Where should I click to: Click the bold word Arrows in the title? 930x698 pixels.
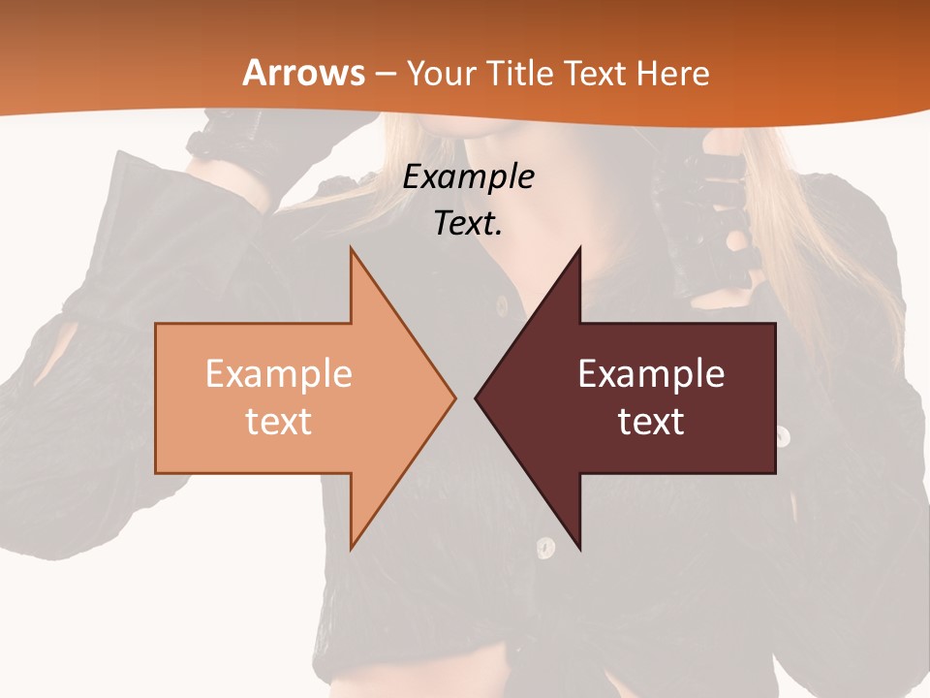click(x=304, y=73)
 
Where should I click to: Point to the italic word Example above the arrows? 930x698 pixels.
click(x=468, y=177)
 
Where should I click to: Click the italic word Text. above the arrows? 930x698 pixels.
click(x=468, y=223)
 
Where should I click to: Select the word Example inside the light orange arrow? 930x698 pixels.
click(x=278, y=374)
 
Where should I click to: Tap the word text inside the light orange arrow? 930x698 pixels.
click(x=278, y=422)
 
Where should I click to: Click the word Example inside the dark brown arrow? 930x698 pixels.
click(x=651, y=374)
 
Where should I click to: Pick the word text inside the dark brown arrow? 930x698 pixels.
click(x=651, y=422)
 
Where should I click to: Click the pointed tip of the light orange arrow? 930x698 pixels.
click(x=453, y=397)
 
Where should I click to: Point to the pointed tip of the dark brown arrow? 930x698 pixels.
click(x=477, y=397)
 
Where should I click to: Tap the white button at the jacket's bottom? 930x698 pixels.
click(x=545, y=548)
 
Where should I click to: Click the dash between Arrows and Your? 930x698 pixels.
click(x=385, y=74)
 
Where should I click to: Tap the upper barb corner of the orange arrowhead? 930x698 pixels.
click(x=352, y=249)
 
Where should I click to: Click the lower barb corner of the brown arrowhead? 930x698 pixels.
click(x=579, y=548)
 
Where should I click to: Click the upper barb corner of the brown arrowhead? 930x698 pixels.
click(x=579, y=249)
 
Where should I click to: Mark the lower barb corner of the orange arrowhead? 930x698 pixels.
click(x=352, y=548)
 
